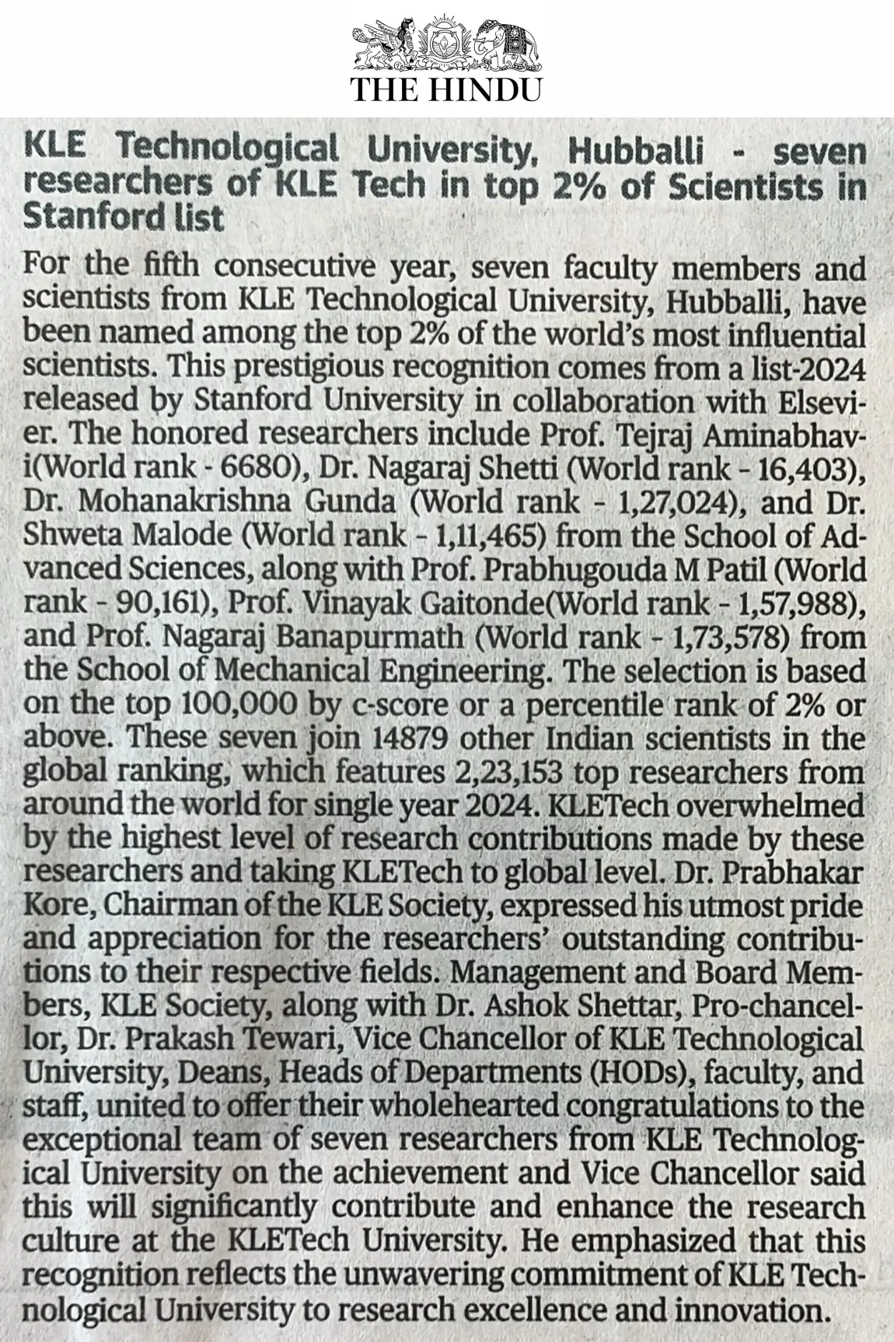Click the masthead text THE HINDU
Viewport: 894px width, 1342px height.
446,89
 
